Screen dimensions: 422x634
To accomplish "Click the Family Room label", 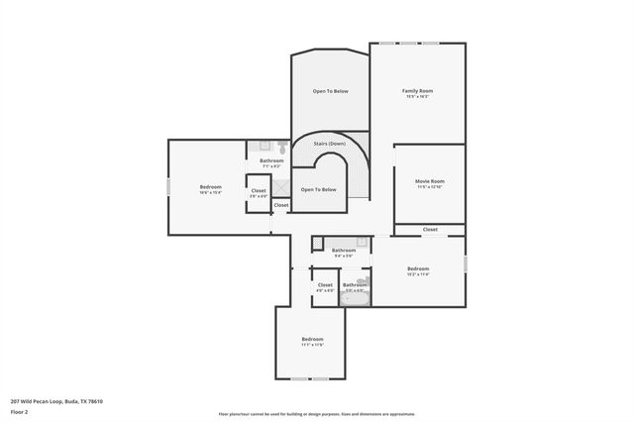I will point(417,91).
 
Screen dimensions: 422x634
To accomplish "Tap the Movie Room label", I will point(429,181).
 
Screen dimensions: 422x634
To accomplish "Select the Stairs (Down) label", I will point(329,145).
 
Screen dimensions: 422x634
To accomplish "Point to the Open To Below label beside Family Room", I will point(330,91).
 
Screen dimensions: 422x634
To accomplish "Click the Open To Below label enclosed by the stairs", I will point(318,189).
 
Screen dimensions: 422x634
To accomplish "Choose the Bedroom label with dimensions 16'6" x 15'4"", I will point(210,187).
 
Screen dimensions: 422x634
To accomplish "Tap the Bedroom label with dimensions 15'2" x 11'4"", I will point(417,268).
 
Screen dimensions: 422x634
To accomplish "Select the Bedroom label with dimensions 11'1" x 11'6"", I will point(313,340).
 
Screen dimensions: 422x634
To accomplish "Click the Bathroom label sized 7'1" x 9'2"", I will point(271,160).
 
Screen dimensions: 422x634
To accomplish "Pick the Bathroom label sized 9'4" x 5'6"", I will point(343,251).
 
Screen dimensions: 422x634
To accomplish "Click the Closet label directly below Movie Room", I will point(429,230).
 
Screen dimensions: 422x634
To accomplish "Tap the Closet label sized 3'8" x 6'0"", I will point(258,190).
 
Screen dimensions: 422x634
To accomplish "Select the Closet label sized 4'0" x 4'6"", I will point(325,285).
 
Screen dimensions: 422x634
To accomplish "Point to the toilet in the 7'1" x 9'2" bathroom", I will point(255,146).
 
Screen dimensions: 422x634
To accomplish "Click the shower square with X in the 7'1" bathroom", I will point(282,184).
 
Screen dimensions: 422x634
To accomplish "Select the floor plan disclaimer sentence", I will point(316,414).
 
